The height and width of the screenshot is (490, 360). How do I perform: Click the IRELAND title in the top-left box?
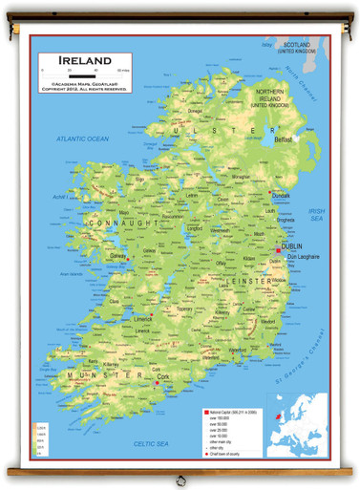tap(83, 60)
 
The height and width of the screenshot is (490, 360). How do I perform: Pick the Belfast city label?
tap(284, 139)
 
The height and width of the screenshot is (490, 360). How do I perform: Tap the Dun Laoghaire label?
tap(301, 257)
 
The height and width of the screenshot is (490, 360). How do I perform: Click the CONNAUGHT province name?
tap(121, 223)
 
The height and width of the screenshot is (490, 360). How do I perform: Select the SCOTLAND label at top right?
tap(297, 48)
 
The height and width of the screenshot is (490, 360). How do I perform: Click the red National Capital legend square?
tap(204, 408)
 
